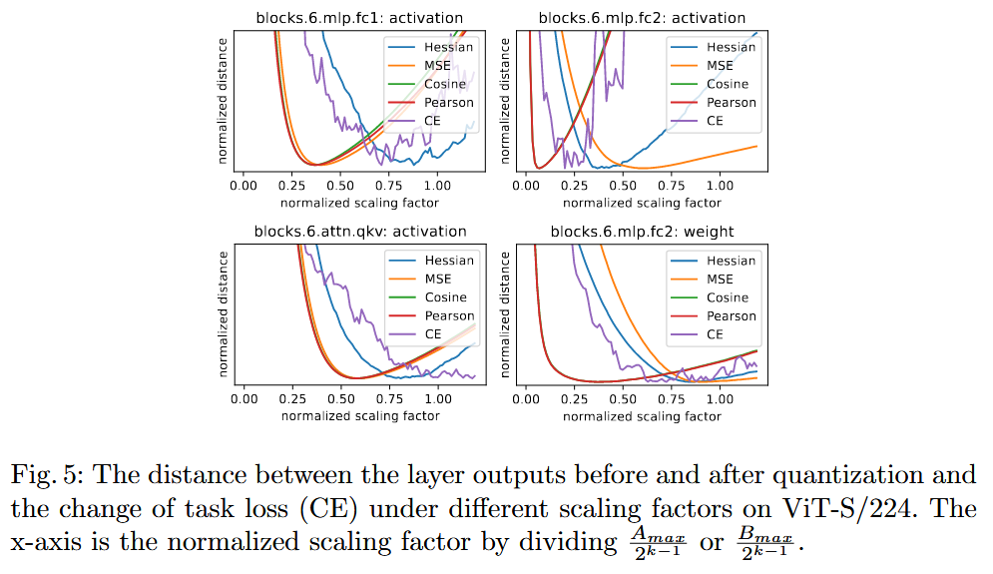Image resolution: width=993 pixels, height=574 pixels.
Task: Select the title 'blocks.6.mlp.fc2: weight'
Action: (643, 232)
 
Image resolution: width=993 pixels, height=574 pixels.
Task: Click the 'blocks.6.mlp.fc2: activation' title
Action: (643, 17)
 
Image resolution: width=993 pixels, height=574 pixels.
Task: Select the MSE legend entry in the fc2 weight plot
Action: (720, 280)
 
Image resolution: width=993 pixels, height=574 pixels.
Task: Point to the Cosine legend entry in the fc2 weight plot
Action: (727, 297)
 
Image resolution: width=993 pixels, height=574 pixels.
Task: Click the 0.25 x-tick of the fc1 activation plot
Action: (291, 186)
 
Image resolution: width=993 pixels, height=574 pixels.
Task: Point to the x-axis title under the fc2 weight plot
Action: (642, 416)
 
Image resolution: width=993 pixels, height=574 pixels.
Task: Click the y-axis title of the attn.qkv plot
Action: (224, 315)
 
